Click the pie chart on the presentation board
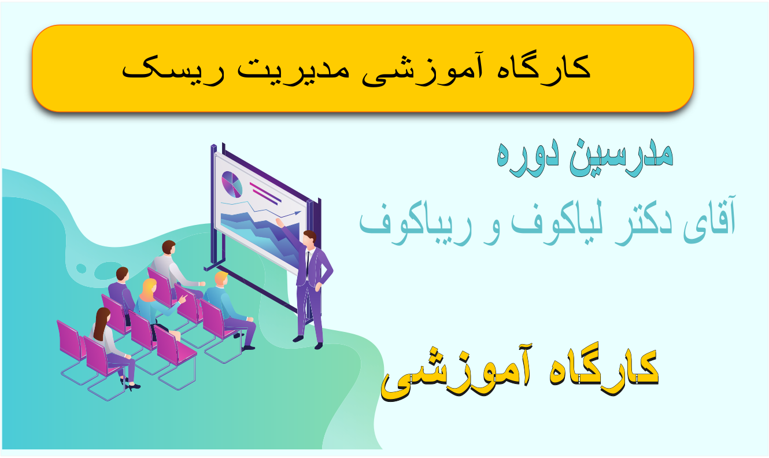[x=232, y=184]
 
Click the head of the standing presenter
[x=310, y=238]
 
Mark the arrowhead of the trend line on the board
[x=297, y=213]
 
